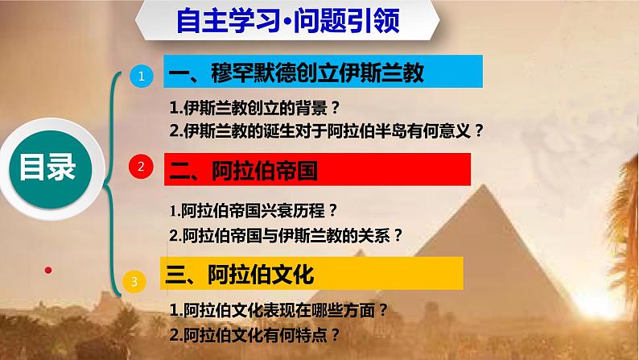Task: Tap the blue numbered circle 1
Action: coord(142,77)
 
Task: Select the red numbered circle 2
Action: coord(142,168)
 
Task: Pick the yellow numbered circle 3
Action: coord(135,280)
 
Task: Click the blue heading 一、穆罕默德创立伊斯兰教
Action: coord(322,75)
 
